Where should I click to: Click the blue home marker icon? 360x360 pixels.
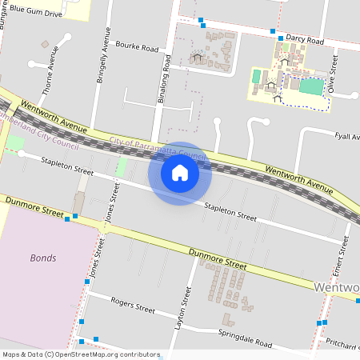(x=180, y=172)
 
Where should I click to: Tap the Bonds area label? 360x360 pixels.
(x=43, y=258)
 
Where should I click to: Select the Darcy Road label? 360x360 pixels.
(x=305, y=40)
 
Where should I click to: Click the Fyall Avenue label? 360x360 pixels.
(x=348, y=137)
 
